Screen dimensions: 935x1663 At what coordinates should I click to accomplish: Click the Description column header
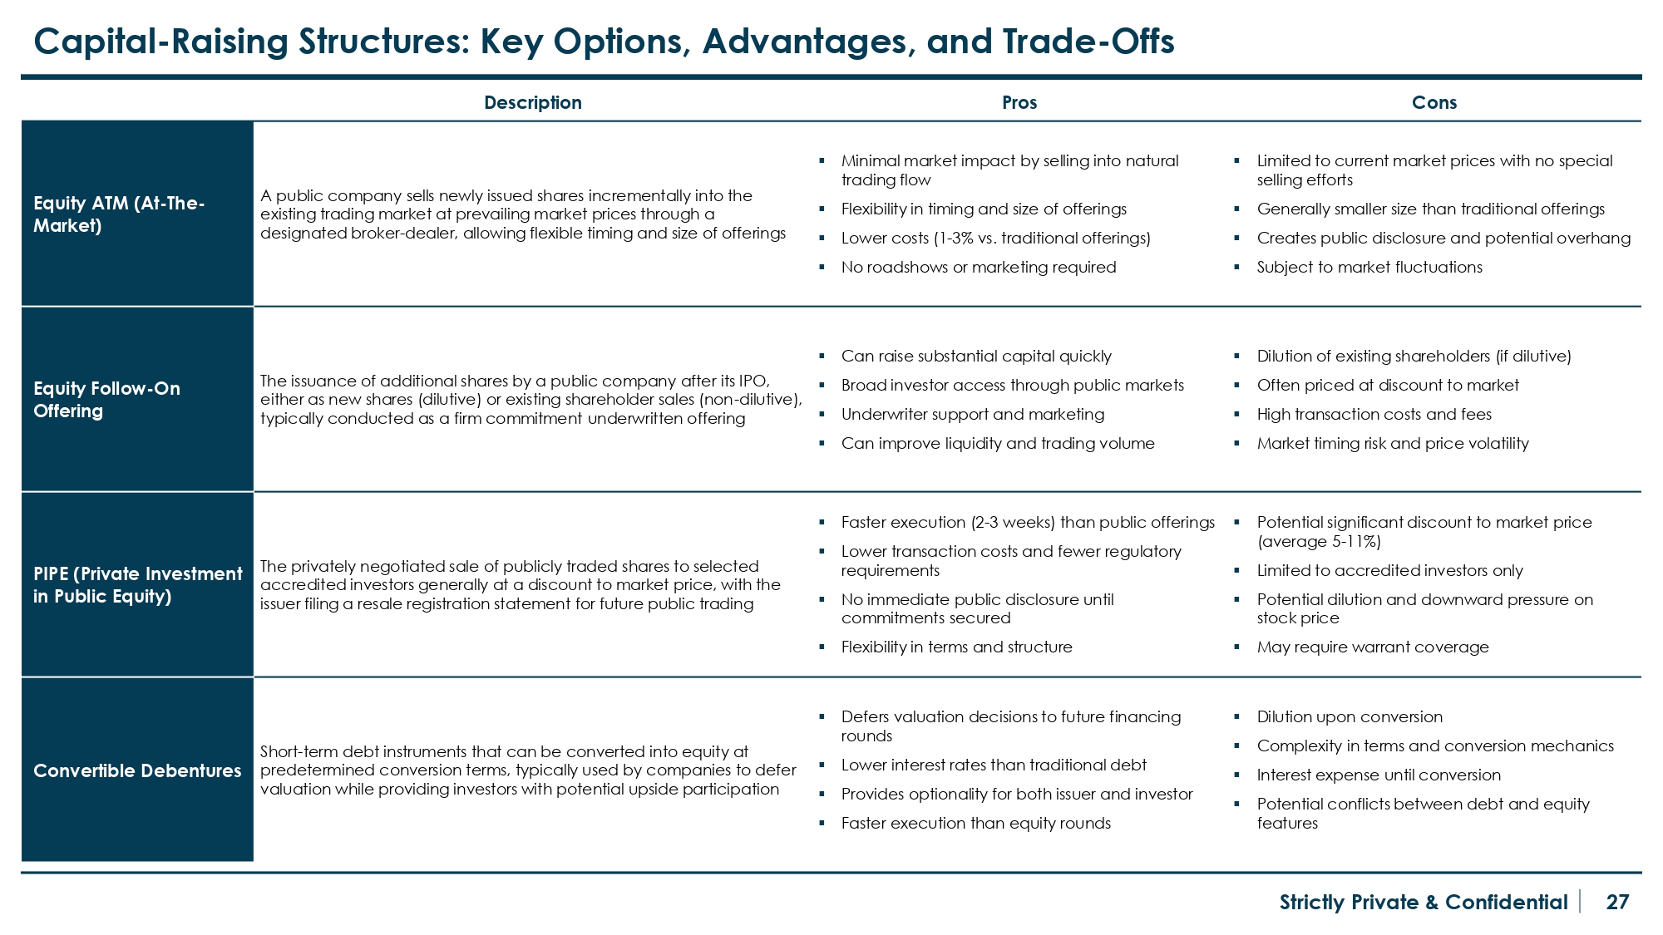pos(532,102)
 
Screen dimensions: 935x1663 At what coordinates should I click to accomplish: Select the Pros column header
pos(1019,102)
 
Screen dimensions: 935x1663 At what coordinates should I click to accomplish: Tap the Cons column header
pos(1434,102)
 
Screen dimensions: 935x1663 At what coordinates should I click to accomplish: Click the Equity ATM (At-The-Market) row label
pos(119,214)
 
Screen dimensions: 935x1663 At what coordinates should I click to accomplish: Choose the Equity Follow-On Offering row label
pos(106,400)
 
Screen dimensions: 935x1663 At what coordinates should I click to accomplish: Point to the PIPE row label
pos(137,585)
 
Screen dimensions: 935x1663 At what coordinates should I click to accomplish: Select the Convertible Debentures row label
pos(137,770)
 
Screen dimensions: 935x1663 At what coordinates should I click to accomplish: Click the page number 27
pos(1617,902)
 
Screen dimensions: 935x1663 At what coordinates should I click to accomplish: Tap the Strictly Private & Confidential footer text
pos(1423,902)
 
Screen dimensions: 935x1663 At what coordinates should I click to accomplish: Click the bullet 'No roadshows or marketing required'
pos(978,267)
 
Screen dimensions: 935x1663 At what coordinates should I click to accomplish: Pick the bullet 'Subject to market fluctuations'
pos(1369,267)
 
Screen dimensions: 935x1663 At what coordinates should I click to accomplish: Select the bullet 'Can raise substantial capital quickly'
pos(975,356)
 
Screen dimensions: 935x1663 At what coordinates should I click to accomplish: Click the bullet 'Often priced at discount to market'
pos(1387,385)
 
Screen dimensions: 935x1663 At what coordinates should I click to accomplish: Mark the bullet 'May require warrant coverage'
pos(1372,647)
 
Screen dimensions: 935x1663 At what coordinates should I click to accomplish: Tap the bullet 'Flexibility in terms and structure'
pos(956,647)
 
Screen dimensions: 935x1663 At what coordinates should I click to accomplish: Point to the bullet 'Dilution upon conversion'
pos(1349,716)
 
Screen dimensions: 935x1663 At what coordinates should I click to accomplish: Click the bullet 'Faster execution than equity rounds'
pos(975,823)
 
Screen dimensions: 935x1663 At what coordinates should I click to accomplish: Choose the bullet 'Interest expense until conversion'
pos(1378,775)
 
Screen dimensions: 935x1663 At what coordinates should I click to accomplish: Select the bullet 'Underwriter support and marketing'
pos(972,414)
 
